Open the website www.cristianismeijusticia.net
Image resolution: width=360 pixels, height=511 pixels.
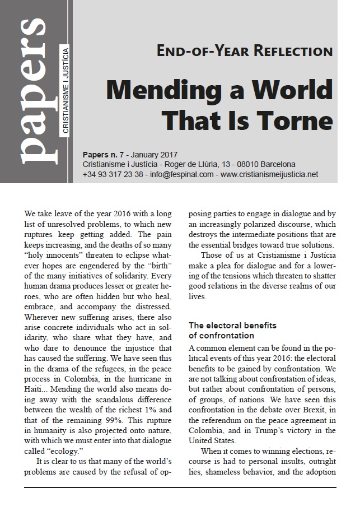pos(269,174)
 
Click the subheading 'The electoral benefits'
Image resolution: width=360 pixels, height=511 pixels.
pos(231,325)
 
